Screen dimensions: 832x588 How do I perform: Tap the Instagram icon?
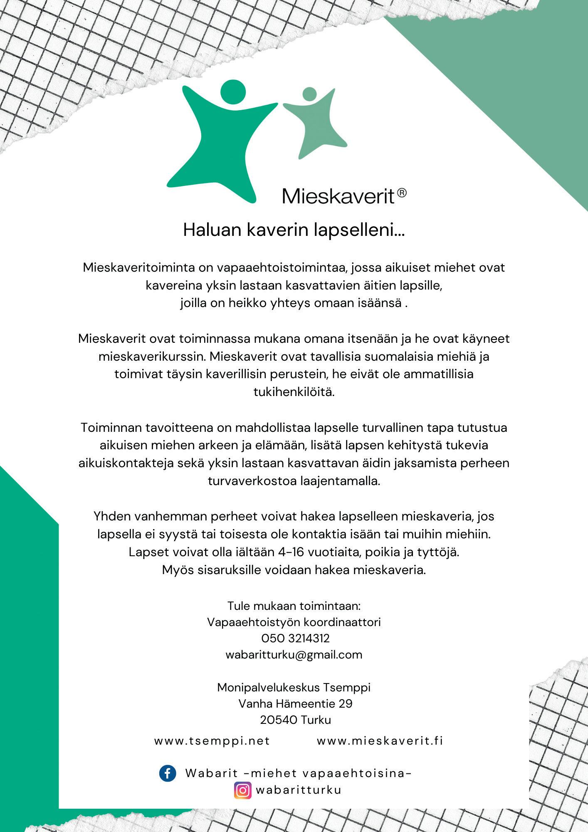click(x=243, y=790)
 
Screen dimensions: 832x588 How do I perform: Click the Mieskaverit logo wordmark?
click(x=338, y=196)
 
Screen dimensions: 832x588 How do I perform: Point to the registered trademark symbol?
click(x=402, y=193)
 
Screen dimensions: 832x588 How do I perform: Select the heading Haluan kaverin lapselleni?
click(x=294, y=230)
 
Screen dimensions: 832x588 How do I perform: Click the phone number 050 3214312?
click(x=295, y=638)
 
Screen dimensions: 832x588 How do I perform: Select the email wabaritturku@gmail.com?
click(x=294, y=655)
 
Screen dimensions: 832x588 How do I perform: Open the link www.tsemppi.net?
click(x=212, y=741)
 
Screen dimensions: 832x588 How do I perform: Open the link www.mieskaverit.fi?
click(x=380, y=741)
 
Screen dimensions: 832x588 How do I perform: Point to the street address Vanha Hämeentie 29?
click(x=295, y=703)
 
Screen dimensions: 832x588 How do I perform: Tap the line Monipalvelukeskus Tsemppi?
click(x=294, y=687)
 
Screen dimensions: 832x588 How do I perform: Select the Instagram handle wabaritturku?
click(x=299, y=790)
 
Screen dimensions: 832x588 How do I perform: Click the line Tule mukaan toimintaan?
click(x=294, y=605)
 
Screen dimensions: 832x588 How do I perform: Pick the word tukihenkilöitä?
click(x=294, y=392)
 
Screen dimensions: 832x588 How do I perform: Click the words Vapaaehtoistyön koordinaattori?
click(x=294, y=622)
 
